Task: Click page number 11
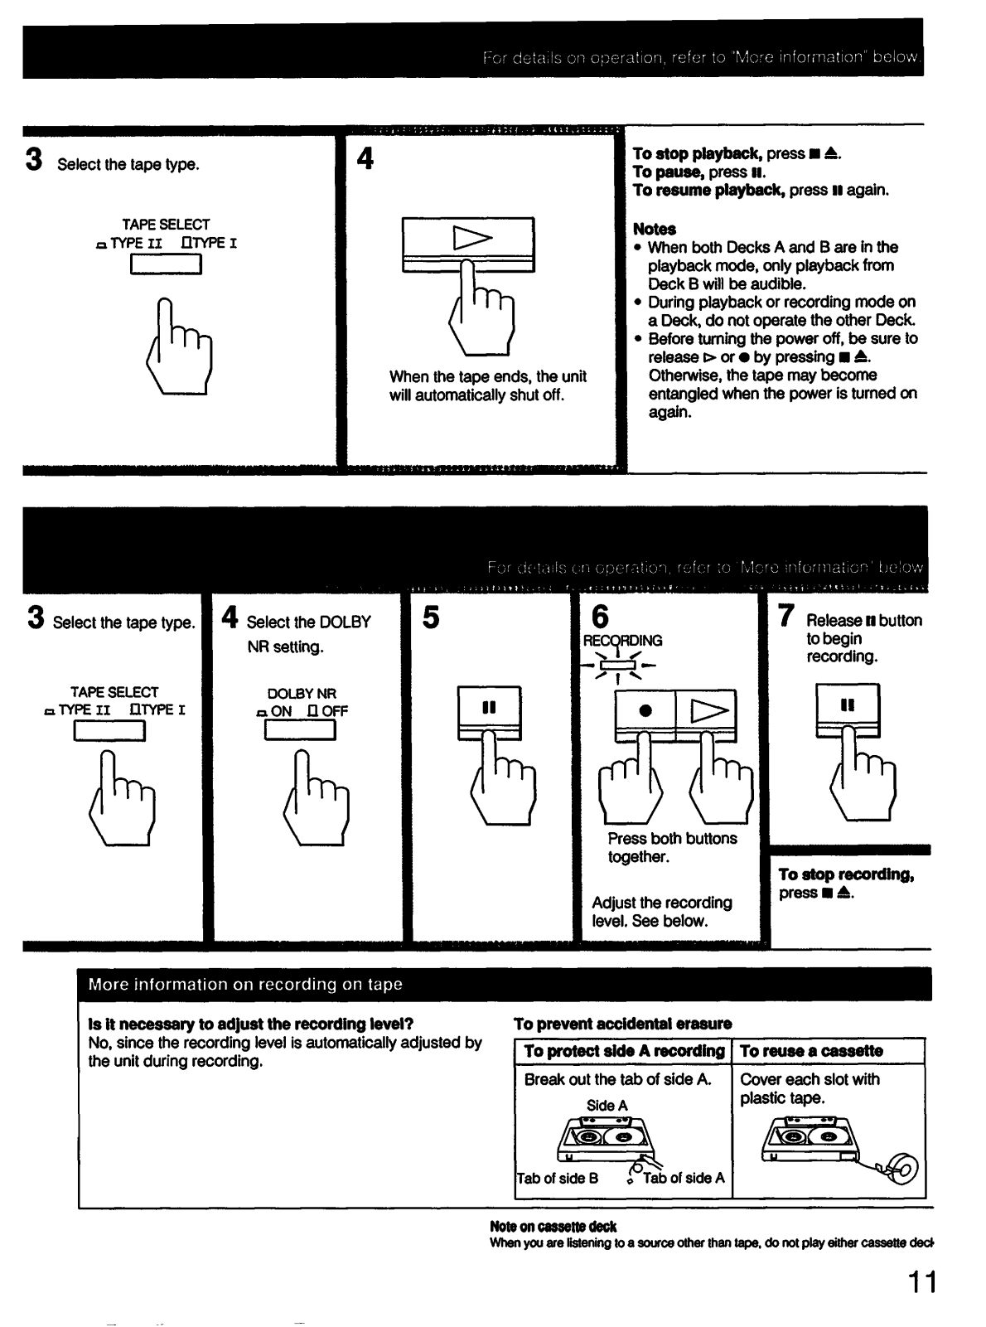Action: pos(921,1282)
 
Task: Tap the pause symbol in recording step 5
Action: pos(489,707)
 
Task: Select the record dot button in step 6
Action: pos(645,710)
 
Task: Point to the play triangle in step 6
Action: pos(708,710)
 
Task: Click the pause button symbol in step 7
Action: pos(847,705)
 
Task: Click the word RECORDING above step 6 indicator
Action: pos(622,641)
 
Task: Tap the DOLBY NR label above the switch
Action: pos(302,693)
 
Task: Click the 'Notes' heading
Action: pos(654,229)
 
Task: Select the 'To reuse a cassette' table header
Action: pos(811,1051)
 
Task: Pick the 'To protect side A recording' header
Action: pos(624,1051)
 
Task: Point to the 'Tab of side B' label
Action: pos(557,1178)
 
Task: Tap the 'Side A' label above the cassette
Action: pos(607,1105)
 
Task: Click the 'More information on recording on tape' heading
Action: pos(245,985)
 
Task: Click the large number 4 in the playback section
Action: pos(365,158)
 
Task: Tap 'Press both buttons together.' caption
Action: pos(671,847)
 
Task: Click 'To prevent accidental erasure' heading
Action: pos(622,1024)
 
